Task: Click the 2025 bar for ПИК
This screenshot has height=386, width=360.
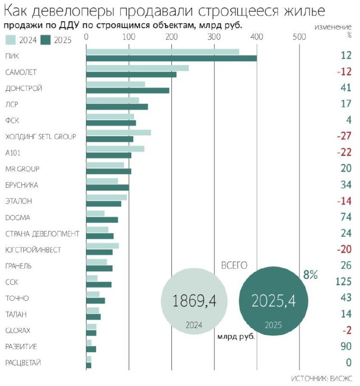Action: tap(171, 58)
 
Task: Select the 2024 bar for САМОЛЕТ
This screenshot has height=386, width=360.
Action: tap(137, 68)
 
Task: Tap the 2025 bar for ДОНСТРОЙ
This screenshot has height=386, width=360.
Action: tap(127, 91)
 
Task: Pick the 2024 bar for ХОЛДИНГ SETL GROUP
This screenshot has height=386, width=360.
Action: tap(118, 133)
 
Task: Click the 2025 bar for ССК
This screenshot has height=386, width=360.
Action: tap(98, 284)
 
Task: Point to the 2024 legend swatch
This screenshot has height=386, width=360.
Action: tap(11, 40)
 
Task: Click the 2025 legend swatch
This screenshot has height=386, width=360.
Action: tap(47, 40)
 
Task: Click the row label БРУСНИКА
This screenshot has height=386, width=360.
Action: tap(22, 185)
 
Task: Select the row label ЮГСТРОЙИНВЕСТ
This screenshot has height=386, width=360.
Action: tap(31, 250)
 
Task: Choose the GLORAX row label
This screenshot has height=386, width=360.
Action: tap(19, 331)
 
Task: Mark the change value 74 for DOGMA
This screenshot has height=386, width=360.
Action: tap(346, 217)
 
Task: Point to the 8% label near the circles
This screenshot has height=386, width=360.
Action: tap(311, 275)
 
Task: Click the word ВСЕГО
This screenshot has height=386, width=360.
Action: tap(234, 265)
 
